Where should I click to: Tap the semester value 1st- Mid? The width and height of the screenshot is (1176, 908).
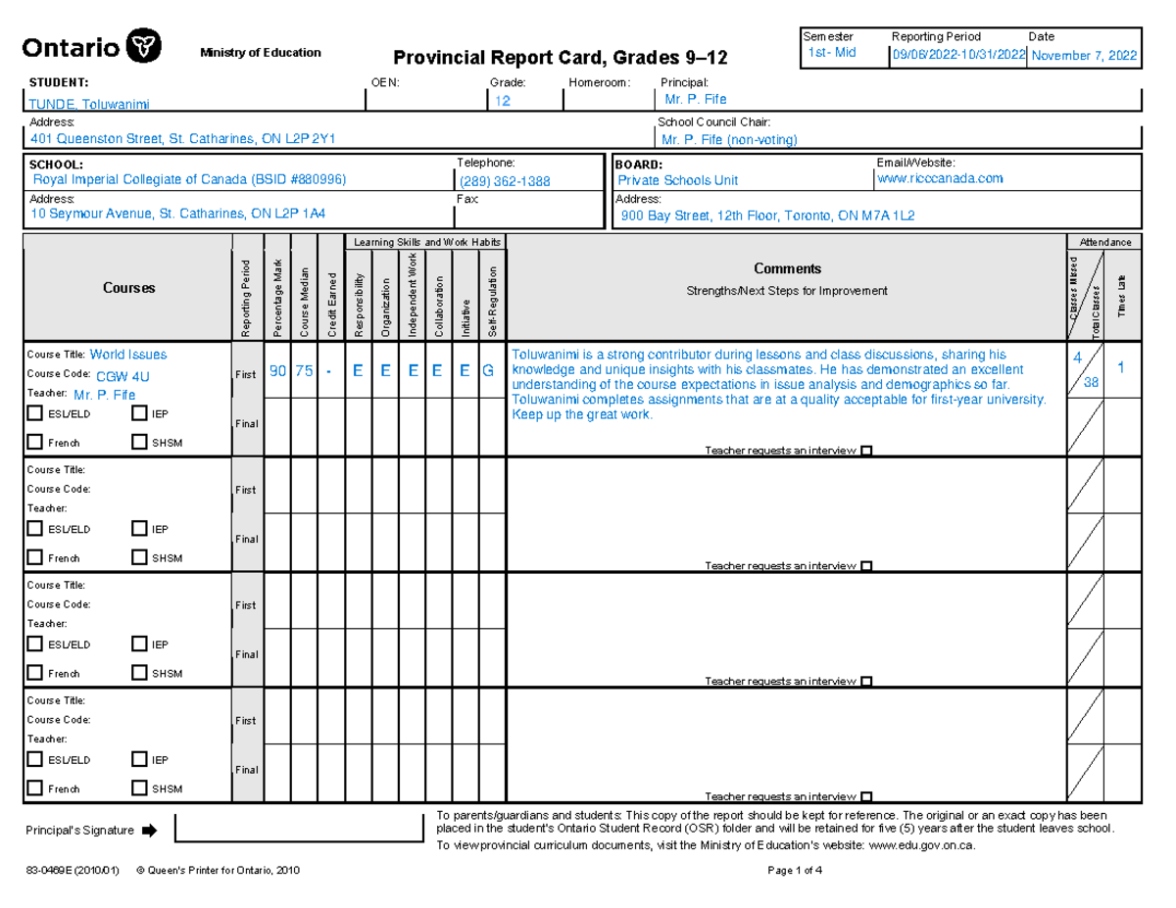829,53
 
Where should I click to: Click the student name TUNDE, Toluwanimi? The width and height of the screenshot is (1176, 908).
89,104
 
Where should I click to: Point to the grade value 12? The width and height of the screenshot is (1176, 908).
501,103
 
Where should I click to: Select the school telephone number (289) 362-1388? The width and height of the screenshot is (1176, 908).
505,181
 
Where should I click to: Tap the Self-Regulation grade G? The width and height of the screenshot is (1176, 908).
487,369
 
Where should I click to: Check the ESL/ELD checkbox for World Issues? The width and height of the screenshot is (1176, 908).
35,413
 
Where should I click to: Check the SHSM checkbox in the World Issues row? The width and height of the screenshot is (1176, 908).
138,442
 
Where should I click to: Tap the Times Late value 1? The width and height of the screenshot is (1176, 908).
1121,367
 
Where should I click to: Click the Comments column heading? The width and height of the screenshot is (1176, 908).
787,268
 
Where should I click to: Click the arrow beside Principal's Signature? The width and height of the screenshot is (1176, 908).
149,831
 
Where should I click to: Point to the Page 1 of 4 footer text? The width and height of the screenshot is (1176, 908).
796,871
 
